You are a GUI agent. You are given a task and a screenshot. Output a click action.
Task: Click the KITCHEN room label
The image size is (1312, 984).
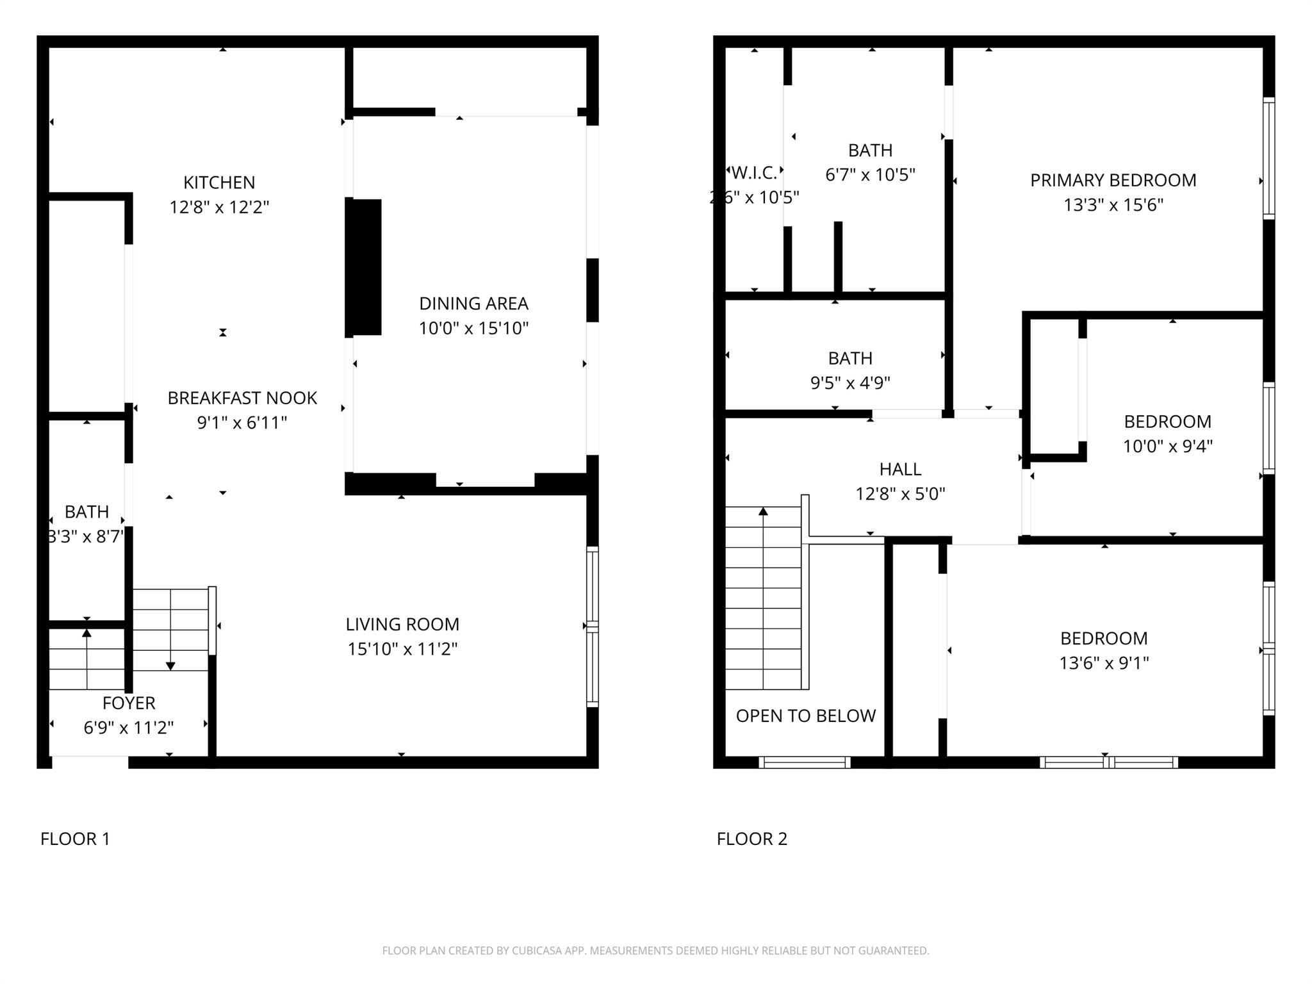point(219,183)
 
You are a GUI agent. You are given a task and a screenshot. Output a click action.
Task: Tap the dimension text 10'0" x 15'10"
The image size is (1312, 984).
point(473,329)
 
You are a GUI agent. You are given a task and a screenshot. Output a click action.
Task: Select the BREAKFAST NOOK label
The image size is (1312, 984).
point(242,398)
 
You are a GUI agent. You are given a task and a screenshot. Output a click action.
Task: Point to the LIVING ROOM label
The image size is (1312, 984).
point(402,624)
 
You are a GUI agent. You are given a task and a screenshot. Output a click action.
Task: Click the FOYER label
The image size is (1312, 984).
point(129,703)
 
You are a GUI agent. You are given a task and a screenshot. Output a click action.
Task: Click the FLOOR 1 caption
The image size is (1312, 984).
point(75,839)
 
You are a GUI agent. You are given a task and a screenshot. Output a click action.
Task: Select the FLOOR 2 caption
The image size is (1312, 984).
point(751,839)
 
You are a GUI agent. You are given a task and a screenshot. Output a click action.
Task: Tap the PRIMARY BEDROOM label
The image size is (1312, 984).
point(1113,180)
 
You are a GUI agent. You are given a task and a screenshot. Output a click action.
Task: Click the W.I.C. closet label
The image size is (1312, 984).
point(754,172)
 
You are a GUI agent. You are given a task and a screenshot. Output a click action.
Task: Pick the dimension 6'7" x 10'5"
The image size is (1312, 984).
point(870,175)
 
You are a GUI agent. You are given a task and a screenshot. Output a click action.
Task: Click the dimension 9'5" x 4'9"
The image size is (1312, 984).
point(850,382)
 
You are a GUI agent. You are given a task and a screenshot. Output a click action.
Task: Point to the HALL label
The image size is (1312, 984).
point(900,469)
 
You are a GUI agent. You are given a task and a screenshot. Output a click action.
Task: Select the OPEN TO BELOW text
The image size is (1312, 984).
point(805,716)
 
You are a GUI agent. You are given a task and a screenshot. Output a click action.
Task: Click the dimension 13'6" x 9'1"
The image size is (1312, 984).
point(1104,663)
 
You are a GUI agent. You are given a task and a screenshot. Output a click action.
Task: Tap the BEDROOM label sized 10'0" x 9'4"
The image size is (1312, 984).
point(1167,422)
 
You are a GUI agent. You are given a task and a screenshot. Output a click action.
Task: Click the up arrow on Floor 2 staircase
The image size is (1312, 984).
point(763,511)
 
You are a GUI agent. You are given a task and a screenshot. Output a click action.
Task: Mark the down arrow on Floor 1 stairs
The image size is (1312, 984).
point(170,666)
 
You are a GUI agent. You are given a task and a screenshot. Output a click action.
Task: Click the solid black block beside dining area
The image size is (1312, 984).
point(364,266)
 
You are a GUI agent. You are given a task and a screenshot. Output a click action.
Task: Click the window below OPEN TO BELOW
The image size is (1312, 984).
point(804,762)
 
